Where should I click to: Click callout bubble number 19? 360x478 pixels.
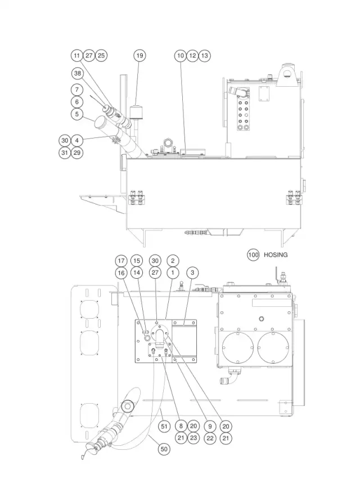(x=139, y=56)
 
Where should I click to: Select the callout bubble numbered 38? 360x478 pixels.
(x=78, y=73)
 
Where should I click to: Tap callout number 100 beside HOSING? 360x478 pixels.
(x=253, y=254)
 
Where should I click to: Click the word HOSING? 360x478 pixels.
(x=275, y=255)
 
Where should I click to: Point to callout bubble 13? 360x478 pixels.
(x=204, y=56)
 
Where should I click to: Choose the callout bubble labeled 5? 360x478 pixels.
(x=77, y=114)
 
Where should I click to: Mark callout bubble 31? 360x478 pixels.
(x=65, y=152)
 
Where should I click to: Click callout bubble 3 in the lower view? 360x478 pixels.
(x=192, y=272)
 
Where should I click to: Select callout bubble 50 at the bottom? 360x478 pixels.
(x=164, y=449)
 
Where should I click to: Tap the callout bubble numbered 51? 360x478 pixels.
(x=164, y=426)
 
